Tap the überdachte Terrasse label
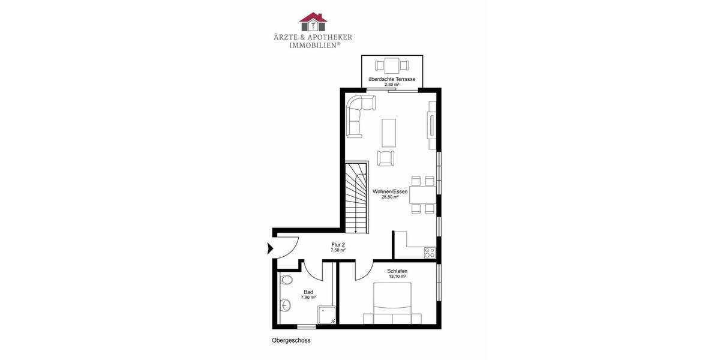(392, 79)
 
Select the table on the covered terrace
(392, 64)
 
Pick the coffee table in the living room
(389, 133)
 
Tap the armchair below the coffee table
(386, 158)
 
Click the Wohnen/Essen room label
(390, 191)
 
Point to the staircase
(356, 197)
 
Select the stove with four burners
(430, 253)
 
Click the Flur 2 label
(338, 244)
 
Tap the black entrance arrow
(268, 247)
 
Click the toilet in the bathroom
(286, 280)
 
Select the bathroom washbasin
(285, 305)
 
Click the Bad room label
(308, 292)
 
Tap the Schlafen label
(397, 271)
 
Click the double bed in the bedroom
(393, 303)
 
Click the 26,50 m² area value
(390, 197)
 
